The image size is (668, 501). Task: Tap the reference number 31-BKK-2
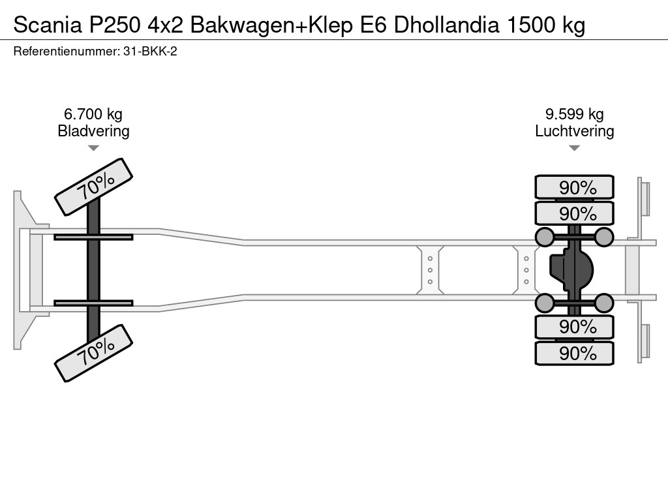pyautogui.click(x=149, y=51)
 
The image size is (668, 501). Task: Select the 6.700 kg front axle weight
pyautogui.click(x=93, y=114)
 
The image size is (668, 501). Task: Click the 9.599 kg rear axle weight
pyautogui.click(x=574, y=114)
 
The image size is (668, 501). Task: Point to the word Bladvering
pyautogui.click(x=93, y=131)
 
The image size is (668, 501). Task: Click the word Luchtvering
pyautogui.click(x=574, y=131)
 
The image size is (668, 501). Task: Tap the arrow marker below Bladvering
pyautogui.click(x=93, y=148)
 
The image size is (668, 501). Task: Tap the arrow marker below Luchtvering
pyautogui.click(x=574, y=148)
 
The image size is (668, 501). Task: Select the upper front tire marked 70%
pyautogui.click(x=93, y=187)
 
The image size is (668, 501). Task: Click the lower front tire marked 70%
pyautogui.click(x=93, y=353)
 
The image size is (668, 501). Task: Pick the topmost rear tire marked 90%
pyautogui.click(x=574, y=187)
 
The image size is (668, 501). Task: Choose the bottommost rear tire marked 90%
pyautogui.click(x=574, y=354)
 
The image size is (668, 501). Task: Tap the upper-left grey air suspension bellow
pyautogui.click(x=545, y=236)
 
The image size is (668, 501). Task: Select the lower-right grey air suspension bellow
pyautogui.click(x=604, y=303)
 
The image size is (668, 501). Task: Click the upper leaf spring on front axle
pyautogui.click(x=93, y=237)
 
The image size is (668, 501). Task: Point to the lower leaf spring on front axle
pyautogui.click(x=93, y=303)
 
